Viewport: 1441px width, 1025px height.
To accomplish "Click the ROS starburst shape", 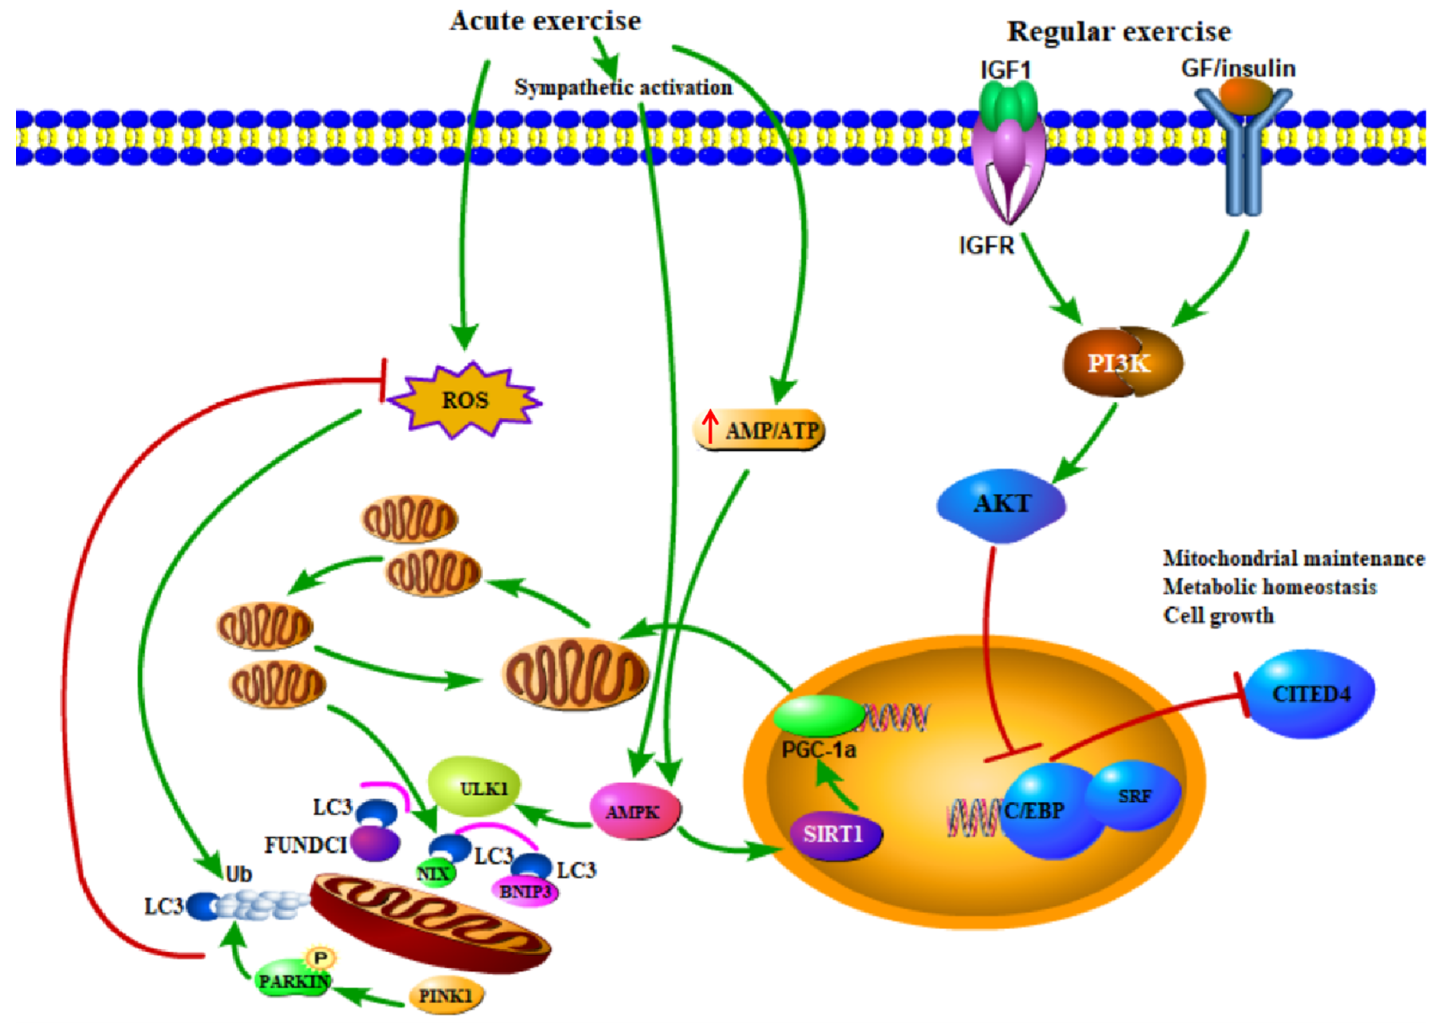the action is [x=464, y=400].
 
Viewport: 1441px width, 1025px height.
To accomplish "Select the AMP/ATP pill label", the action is [x=759, y=430].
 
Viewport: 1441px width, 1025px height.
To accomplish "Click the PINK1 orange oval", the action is [x=446, y=996].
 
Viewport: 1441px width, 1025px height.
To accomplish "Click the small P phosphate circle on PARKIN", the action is [x=321, y=958].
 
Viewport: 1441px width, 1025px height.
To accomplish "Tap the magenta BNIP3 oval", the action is [x=524, y=891].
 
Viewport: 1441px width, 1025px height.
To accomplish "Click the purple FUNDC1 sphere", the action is [x=375, y=844].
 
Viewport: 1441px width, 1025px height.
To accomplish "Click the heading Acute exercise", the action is [x=545, y=21].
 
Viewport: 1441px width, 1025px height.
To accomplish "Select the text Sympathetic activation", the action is [x=623, y=87].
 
